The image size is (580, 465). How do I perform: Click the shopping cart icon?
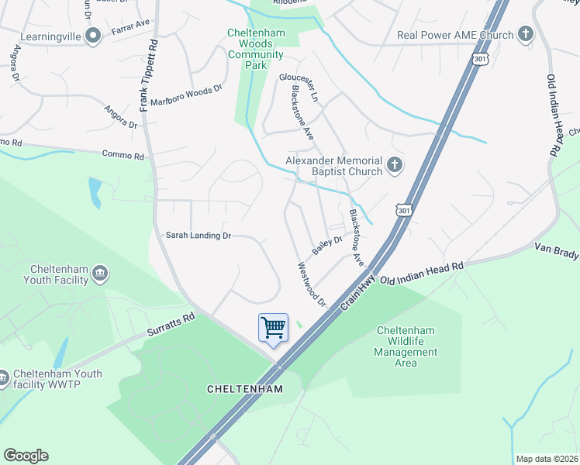point(273,327)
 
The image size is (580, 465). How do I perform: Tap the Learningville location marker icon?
point(93,36)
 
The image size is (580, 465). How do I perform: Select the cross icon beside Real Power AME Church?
point(526,34)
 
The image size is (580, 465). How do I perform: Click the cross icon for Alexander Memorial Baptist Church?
point(395,164)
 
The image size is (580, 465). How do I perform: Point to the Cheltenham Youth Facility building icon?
point(99,273)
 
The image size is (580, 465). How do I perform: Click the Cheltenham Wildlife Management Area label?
point(406,346)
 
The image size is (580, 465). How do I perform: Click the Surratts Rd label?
point(171,324)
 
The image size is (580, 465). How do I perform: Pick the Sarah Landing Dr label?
point(199,235)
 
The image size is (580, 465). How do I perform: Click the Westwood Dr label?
point(312,284)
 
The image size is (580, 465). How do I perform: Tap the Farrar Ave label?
point(129,25)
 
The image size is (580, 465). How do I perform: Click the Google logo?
point(26,456)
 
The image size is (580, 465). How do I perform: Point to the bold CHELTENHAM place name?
point(245,388)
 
